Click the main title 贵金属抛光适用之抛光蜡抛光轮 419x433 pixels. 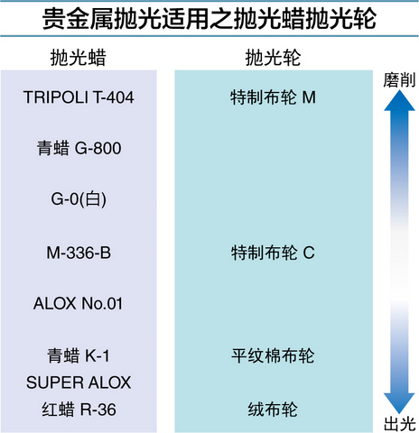click(x=209, y=19)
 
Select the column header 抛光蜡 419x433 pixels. click(x=79, y=57)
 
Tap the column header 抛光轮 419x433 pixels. click(x=273, y=57)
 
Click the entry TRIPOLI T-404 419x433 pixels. click(x=79, y=97)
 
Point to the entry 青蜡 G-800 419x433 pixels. click(x=79, y=148)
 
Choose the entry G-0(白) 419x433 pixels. click(x=79, y=199)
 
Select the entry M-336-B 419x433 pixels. click(x=79, y=253)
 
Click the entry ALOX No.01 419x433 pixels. click(x=79, y=303)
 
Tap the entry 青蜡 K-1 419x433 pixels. click(x=79, y=355)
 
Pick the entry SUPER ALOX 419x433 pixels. click(x=79, y=382)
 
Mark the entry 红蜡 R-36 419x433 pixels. click(x=79, y=410)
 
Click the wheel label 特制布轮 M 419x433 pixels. click(x=273, y=97)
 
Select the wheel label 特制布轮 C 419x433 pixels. click(x=273, y=253)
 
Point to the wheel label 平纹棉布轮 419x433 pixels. click(x=273, y=355)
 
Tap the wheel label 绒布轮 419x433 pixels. click(x=273, y=410)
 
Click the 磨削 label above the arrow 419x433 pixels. click(x=399, y=80)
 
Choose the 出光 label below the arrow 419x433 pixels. click(x=399, y=424)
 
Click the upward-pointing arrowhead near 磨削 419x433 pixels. click(x=399, y=101)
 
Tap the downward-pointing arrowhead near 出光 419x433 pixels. click(x=399, y=403)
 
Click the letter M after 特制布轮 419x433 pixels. click(x=309, y=97)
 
